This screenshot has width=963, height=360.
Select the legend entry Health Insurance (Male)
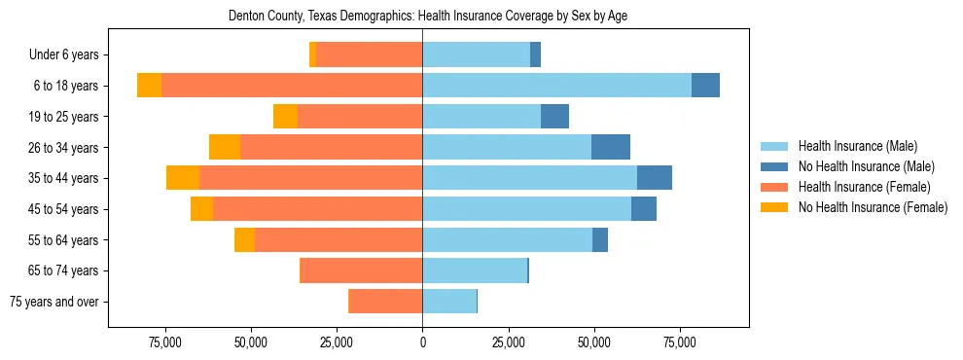857,146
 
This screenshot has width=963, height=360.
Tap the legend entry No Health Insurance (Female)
872,207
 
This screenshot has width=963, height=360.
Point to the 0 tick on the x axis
422,343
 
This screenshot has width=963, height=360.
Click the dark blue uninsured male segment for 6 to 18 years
705,86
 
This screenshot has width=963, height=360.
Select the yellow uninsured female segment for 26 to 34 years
225,147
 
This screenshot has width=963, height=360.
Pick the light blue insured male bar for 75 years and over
449,302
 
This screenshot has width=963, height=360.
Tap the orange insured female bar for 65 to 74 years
361,270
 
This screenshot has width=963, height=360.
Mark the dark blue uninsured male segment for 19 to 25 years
554,117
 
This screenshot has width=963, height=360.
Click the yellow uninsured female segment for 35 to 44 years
183,178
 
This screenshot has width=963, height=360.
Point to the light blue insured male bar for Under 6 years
476,54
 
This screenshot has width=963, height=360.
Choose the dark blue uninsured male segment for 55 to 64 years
600,239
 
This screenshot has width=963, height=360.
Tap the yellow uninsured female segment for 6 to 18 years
149,86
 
